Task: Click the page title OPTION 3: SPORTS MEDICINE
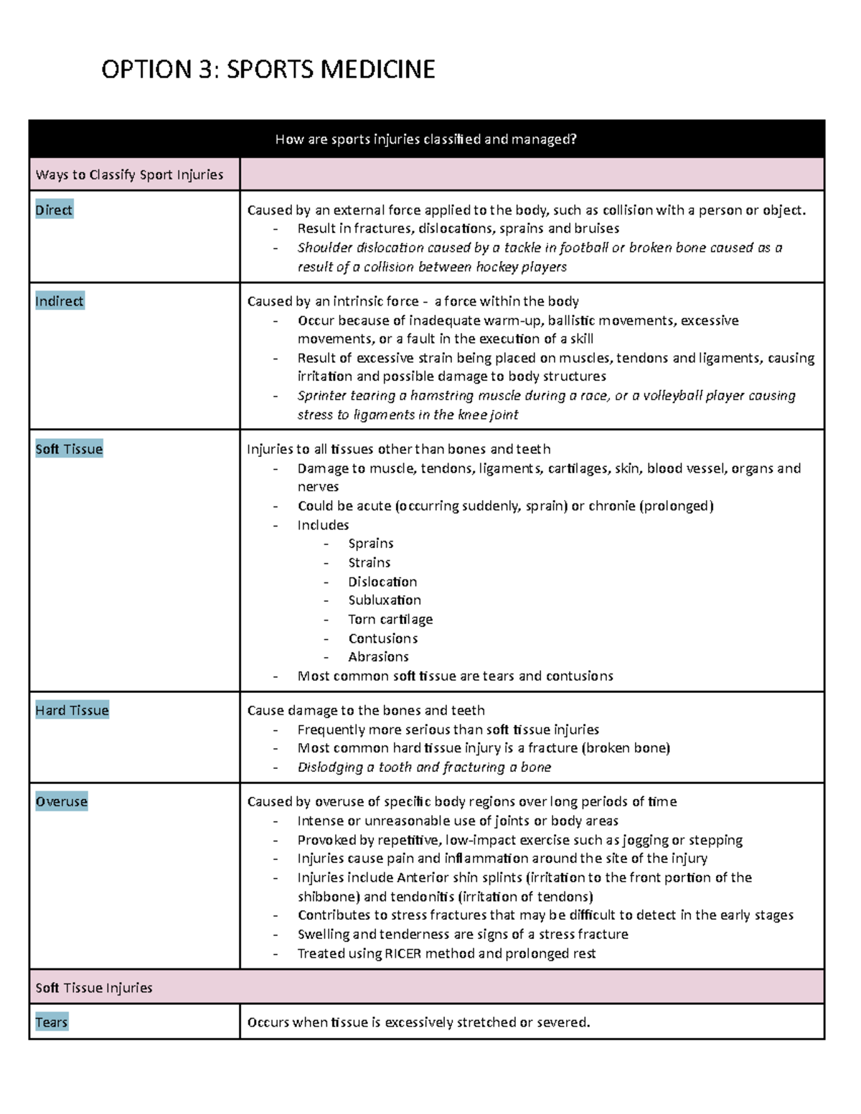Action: (268, 70)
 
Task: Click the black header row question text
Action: (425, 139)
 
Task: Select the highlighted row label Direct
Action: (54, 210)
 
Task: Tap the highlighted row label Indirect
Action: (60, 301)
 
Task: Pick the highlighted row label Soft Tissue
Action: (69, 449)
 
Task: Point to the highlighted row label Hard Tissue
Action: (72, 710)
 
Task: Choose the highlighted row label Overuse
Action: (62, 801)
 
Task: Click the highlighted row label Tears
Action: (52, 1022)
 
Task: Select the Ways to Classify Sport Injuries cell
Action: (129, 174)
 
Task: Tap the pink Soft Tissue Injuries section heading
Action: (94, 988)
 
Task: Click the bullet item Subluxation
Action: (385, 600)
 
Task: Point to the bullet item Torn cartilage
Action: (390, 619)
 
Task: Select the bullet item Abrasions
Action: (378, 657)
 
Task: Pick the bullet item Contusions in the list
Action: (382, 638)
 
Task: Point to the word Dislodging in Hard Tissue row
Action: (330, 768)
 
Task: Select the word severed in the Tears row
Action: (563, 1022)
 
